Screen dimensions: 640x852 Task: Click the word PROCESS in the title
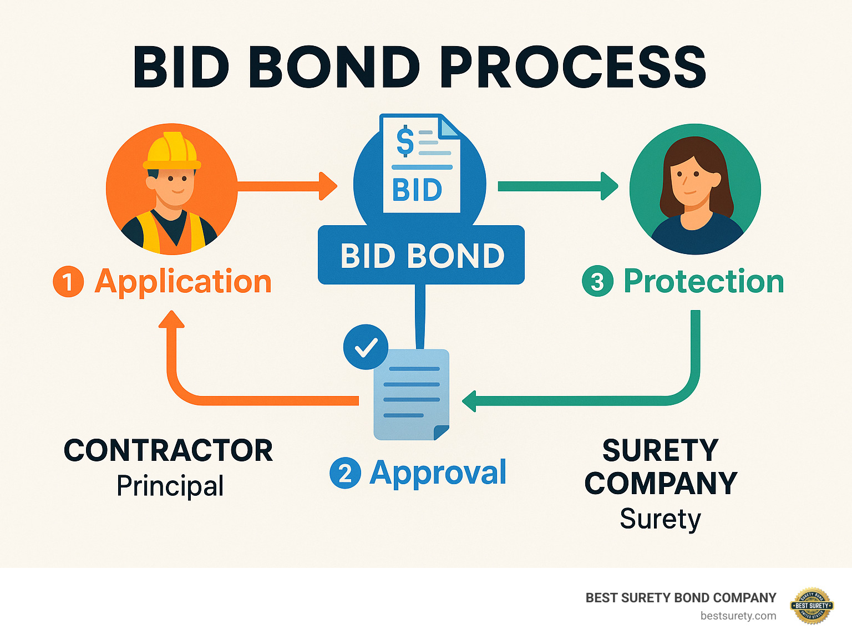pyautogui.click(x=575, y=68)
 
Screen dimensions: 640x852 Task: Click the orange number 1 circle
pyautogui.click(x=68, y=282)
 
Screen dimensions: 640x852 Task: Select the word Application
pyautogui.click(x=183, y=282)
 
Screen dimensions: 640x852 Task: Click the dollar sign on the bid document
pyautogui.click(x=405, y=141)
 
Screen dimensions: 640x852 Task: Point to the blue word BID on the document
pyautogui.click(x=417, y=190)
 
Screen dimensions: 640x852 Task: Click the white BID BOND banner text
pyautogui.click(x=422, y=256)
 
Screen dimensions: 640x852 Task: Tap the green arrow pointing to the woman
pyautogui.click(x=557, y=186)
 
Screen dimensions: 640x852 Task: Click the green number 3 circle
pyautogui.click(x=597, y=282)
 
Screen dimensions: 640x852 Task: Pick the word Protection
pyautogui.click(x=703, y=282)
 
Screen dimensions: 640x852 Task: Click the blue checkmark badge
pyautogui.click(x=366, y=347)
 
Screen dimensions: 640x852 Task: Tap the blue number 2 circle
pyautogui.click(x=345, y=474)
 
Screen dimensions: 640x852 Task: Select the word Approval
pyautogui.click(x=438, y=473)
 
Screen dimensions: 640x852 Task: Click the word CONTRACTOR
pyautogui.click(x=168, y=450)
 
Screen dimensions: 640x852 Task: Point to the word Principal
pyautogui.click(x=170, y=486)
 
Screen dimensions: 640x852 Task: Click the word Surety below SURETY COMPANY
pyautogui.click(x=660, y=519)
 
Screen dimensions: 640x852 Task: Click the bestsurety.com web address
pyautogui.click(x=738, y=616)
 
